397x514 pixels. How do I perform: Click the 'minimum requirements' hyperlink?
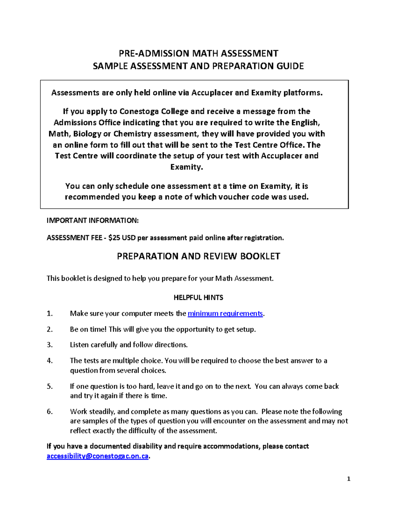pos(225,313)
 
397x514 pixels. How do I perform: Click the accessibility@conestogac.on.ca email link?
pos(98,456)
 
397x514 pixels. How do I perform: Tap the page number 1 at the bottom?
pos(348,479)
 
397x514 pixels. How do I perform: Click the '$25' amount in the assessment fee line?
pos(114,238)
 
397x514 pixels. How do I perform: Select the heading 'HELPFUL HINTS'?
pos(198,298)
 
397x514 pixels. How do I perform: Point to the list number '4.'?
pos(50,361)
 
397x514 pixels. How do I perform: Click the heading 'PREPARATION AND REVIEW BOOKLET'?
pos(198,256)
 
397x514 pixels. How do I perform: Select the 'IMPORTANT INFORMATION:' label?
pos(93,220)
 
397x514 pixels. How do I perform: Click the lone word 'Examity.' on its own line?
pos(186,167)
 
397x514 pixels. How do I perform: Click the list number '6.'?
pos(50,412)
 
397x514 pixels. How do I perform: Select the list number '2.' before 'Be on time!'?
pos(50,329)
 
